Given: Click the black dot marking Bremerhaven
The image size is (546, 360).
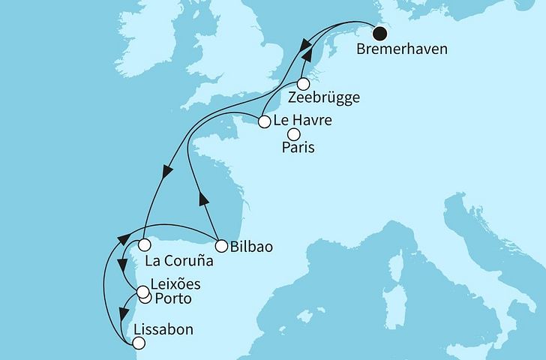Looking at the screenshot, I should [x=381, y=34].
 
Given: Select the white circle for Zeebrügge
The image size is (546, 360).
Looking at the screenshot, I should [x=304, y=84].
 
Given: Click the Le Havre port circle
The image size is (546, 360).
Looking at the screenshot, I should [x=264, y=121].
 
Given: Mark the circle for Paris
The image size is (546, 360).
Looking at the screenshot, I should [x=294, y=134].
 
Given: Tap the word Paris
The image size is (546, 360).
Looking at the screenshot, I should [x=298, y=148].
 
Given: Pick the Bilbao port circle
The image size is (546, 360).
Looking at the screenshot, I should [x=221, y=245].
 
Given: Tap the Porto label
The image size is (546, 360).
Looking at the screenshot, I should [x=172, y=299].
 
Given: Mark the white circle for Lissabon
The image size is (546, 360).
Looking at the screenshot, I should [x=137, y=343].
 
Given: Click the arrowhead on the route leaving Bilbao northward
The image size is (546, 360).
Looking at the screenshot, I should [x=202, y=199].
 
